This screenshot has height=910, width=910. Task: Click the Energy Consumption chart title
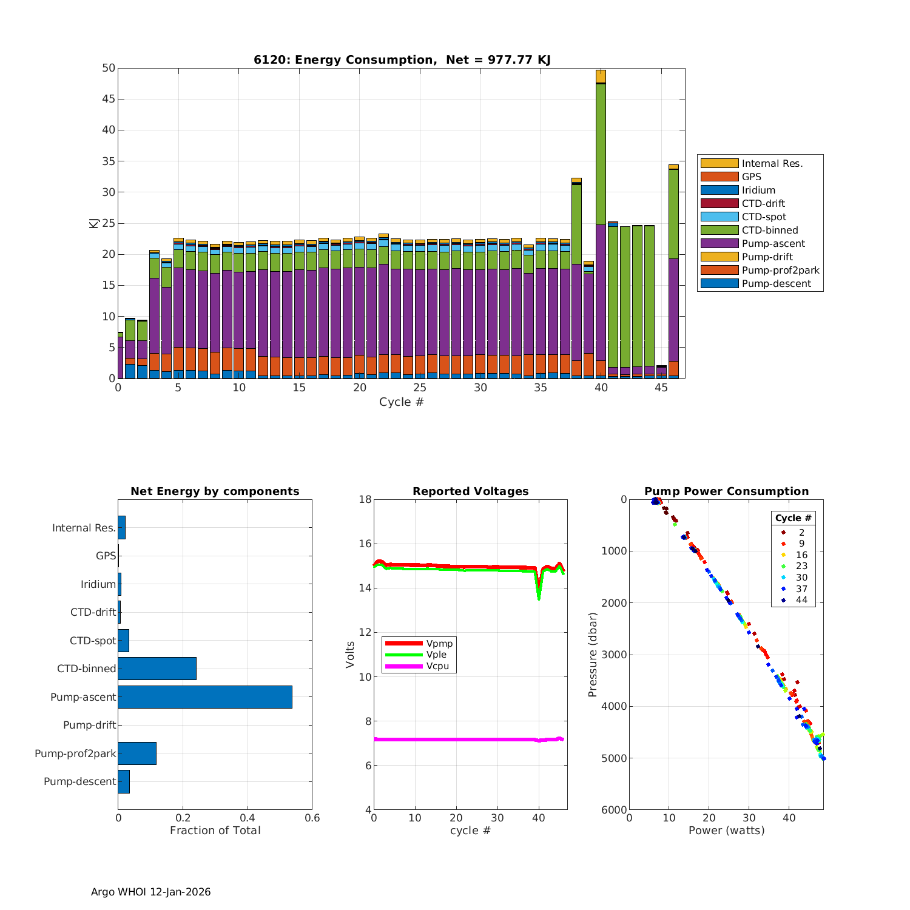tap(402, 59)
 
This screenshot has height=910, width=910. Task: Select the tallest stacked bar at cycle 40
tap(601, 224)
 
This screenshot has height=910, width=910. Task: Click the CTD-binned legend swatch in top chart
tap(719, 230)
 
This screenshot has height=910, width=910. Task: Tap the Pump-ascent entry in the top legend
tap(773, 243)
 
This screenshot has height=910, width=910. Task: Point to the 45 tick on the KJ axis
tap(109, 99)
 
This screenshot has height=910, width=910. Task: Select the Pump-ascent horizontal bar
tap(204, 697)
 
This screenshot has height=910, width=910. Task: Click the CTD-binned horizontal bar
tap(157, 669)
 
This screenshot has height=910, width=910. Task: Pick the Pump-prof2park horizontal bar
tap(136, 753)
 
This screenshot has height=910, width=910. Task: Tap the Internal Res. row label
tap(84, 528)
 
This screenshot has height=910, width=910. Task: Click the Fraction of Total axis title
tap(215, 831)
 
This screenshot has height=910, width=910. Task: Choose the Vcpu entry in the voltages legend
tap(437, 666)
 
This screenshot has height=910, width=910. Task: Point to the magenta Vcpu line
tap(455, 740)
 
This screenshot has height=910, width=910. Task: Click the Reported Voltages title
tap(470, 491)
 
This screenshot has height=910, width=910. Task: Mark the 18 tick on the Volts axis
tap(365, 499)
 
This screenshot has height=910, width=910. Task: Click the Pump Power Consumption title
tap(726, 491)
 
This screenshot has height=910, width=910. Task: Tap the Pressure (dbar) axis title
tap(593, 655)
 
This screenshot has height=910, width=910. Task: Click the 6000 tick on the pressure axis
tap(615, 810)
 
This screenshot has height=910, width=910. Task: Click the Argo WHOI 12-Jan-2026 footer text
tap(150, 892)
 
